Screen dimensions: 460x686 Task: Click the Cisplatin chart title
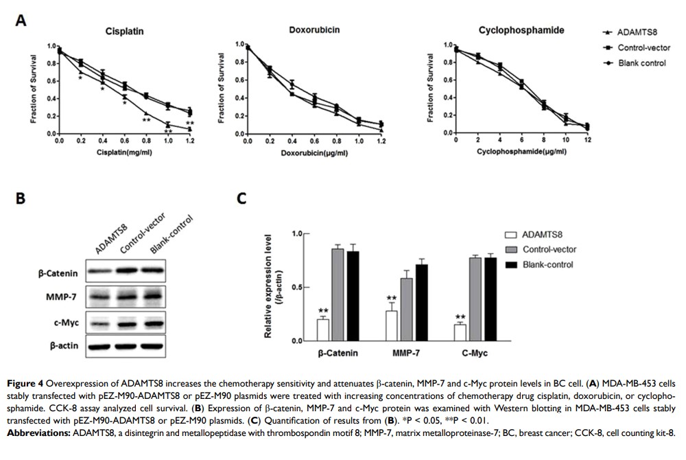click(x=124, y=32)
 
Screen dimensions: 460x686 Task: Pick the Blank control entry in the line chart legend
click(x=641, y=62)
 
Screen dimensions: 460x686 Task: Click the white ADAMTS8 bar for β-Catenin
click(x=323, y=330)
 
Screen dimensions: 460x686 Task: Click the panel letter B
click(x=21, y=198)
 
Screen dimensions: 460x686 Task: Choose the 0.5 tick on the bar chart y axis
click(x=298, y=287)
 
